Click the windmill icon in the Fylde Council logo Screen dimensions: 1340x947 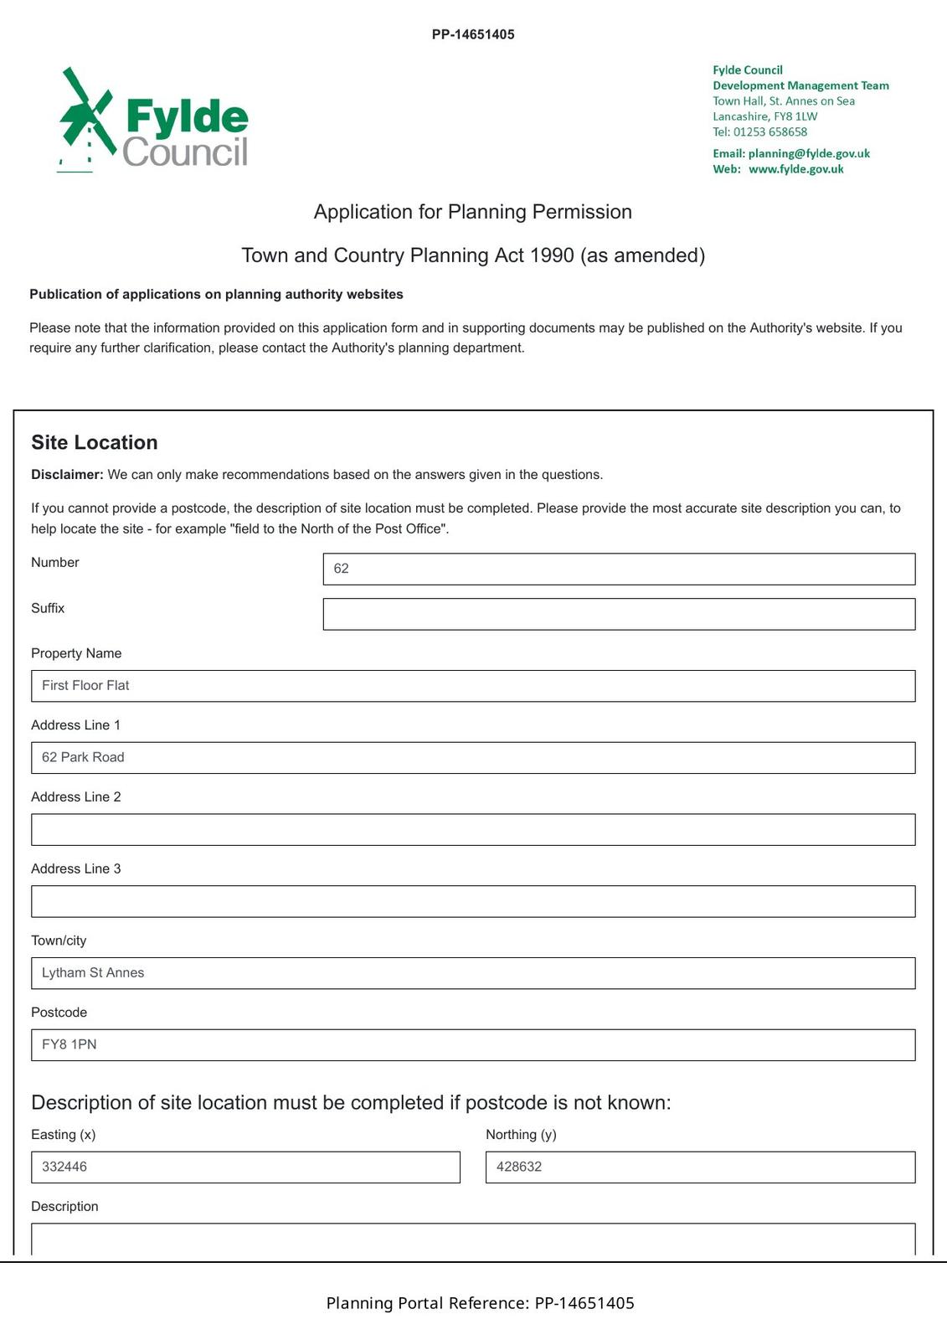tap(85, 118)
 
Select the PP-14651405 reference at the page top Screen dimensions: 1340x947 tap(473, 34)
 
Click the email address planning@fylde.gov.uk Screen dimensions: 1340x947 tap(809, 153)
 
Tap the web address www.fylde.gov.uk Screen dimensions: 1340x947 tap(795, 169)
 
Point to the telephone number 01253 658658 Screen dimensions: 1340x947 tap(770, 131)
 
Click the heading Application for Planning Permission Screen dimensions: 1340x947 tap(472, 212)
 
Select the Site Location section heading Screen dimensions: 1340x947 tap(95, 442)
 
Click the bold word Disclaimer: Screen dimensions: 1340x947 tap(67, 475)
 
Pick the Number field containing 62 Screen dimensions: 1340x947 tap(619, 569)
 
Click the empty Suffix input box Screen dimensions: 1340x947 tap(619, 614)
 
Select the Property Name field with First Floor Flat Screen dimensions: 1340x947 tap(473, 686)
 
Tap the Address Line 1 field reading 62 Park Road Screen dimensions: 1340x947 tap(473, 758)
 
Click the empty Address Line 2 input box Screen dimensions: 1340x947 tap(473, 830)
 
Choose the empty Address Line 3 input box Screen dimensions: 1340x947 tap(473, 901)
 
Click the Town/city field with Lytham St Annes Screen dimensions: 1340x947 tap(473, 973)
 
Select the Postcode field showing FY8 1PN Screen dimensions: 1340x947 tap(473, 1045)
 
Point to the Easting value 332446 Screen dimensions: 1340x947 tap(64, 1167)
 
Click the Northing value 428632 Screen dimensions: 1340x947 tap(519, 1167)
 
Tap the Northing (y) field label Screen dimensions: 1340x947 tap(521, 1135)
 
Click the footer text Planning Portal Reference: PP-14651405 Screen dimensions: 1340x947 tap(480, 1303)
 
